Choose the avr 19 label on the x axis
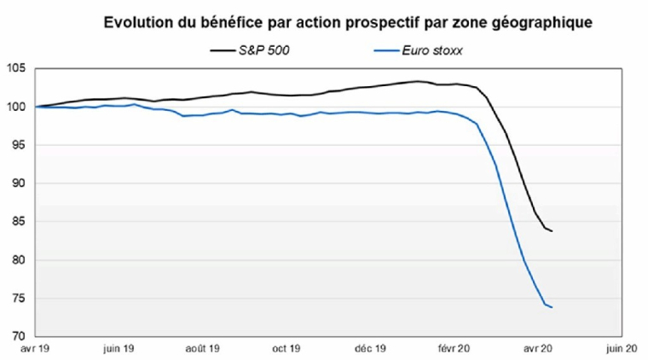tap(36, 348)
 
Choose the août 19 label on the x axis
tap(203, 348)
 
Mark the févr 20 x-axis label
tap(452, 348)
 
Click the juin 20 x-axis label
tap(619, 348)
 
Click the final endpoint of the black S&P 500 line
tap(552, 231)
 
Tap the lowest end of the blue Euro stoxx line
tap(552, 307)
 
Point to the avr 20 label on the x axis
tap(535, 348)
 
